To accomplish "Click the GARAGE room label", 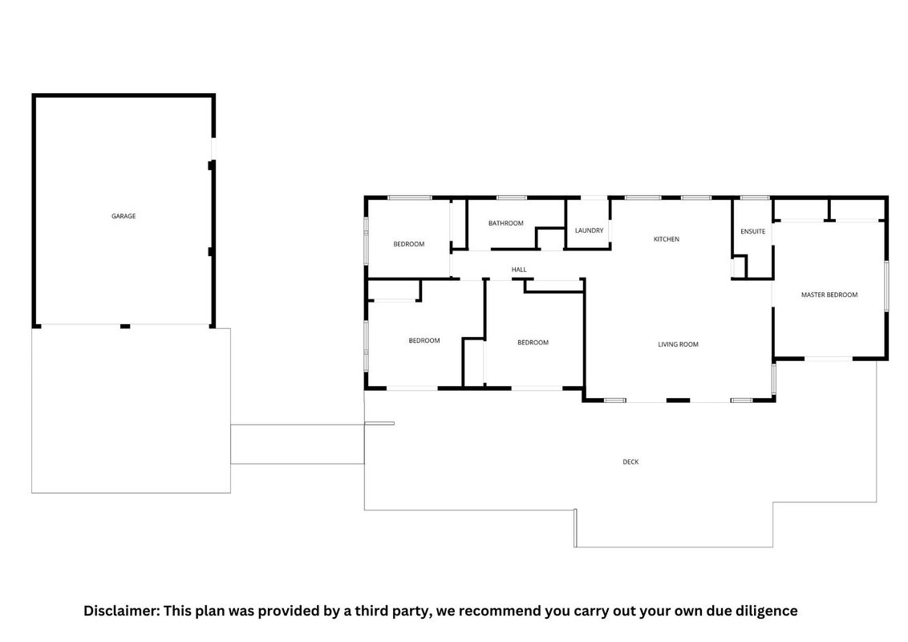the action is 124,216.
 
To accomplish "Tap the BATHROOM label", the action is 505,223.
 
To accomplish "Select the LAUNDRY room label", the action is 589,230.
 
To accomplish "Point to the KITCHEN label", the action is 666,239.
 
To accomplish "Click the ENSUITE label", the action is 753,232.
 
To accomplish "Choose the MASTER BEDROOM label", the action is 829,295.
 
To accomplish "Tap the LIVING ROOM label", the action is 678,345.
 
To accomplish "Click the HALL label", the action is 519,270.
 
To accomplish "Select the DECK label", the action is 630,462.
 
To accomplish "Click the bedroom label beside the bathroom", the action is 409,245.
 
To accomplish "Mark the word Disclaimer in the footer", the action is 121,611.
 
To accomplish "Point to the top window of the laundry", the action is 594,198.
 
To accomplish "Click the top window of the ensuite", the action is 755,198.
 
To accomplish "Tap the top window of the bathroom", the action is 512,198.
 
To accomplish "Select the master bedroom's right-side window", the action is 886,286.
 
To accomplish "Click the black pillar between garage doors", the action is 125,326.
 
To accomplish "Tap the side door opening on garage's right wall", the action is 213,148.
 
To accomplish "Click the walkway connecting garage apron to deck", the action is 298,445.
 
